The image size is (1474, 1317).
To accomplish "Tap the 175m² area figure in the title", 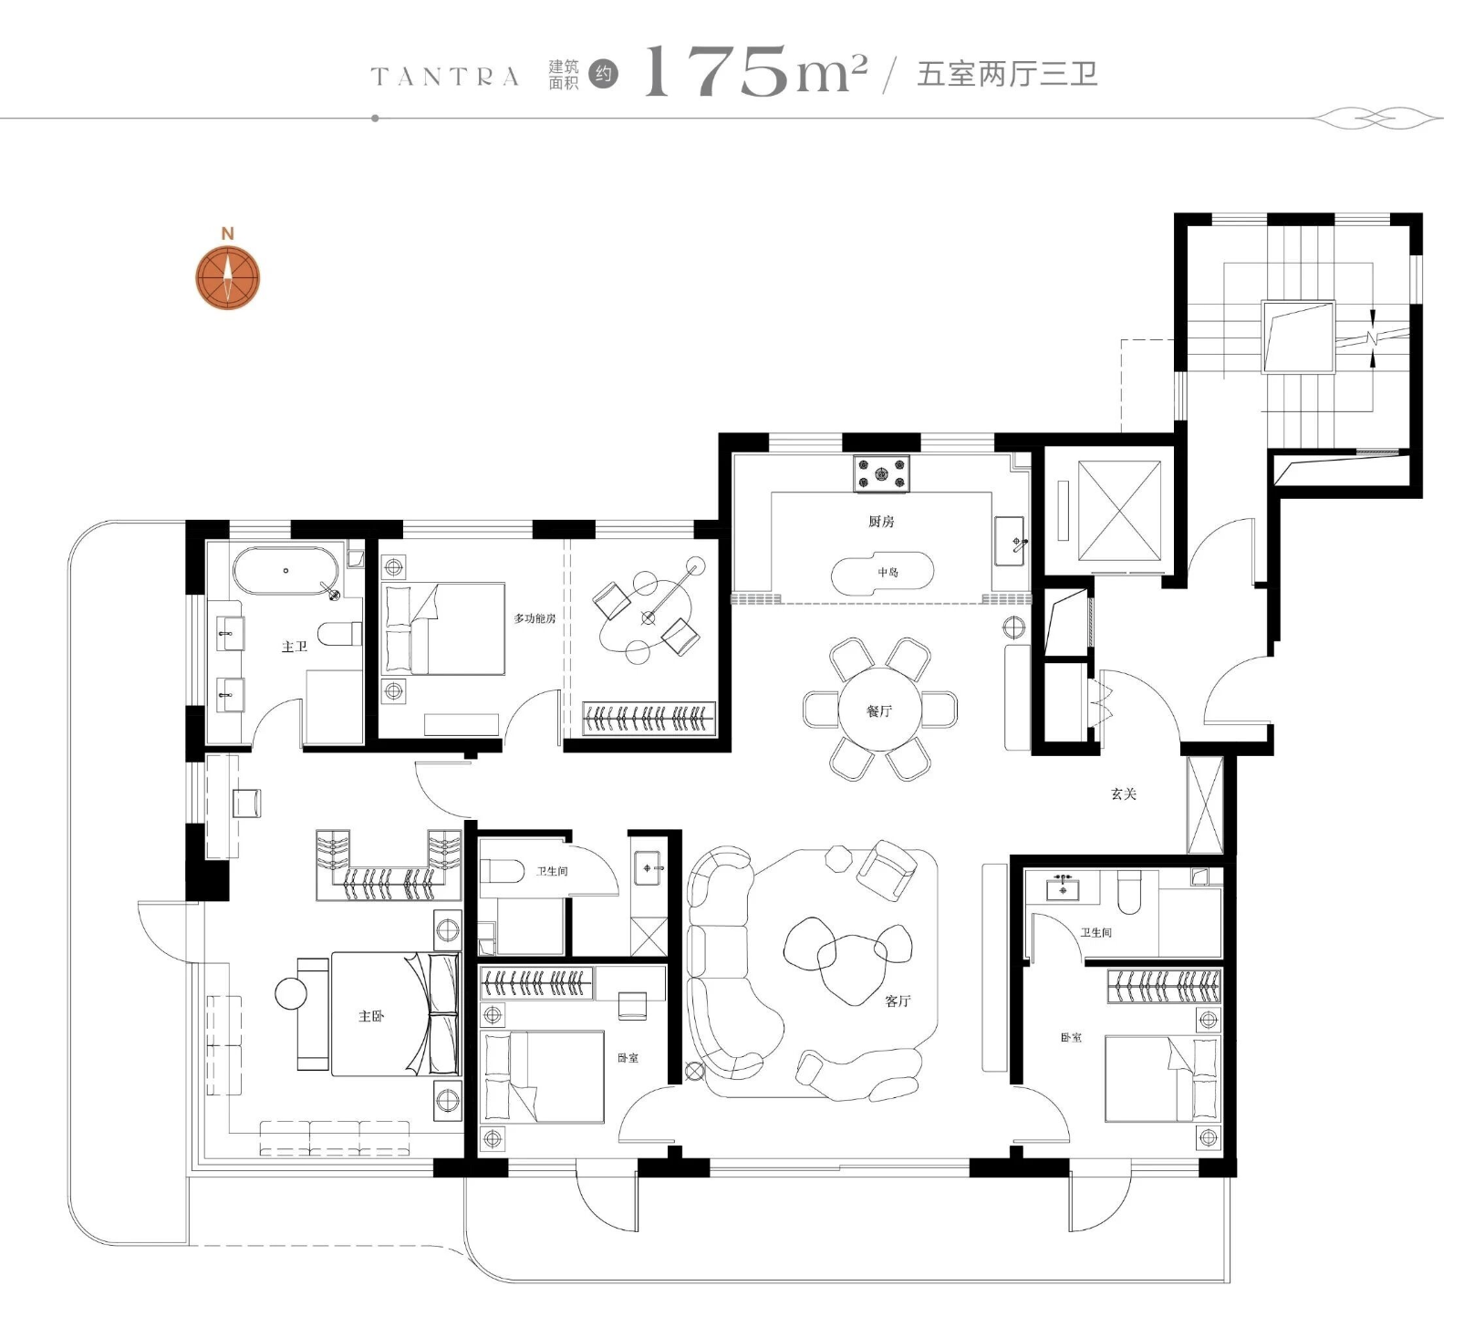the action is (755, 71).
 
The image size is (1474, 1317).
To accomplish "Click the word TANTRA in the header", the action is (445, 77).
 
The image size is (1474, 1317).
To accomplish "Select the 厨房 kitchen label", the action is (881, 522).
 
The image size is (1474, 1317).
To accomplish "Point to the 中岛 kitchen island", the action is (882, 573).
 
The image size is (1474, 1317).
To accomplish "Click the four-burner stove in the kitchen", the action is (882, 473).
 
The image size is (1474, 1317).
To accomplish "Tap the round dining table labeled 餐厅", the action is (880, 710).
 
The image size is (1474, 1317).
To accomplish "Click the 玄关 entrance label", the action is (1124, 793).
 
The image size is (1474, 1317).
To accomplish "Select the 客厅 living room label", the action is (898, 1001).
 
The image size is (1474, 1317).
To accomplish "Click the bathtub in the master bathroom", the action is (285, 571).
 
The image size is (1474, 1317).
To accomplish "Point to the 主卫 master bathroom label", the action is (295, 647).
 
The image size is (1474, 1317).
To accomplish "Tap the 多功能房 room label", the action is (535, 618).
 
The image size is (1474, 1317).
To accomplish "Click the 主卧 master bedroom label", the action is (371, 1016).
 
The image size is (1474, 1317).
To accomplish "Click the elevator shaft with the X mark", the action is (1120, 511).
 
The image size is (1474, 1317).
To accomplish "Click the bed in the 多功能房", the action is (444, 629).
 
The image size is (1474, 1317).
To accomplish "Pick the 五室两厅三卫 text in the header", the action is (1007, 74).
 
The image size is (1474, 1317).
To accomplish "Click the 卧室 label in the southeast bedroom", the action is (1071, 1038).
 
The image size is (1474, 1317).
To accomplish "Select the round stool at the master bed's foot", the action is (293, 993).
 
